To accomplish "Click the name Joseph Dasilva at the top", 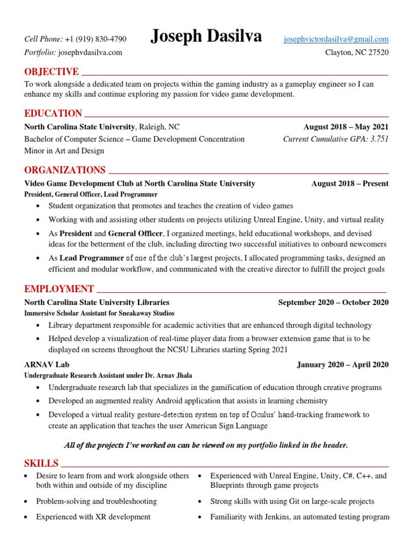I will (x=206, y=37).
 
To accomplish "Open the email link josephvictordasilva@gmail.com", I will (x=336, y=39).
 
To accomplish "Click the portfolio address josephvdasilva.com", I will (x=90, y=52).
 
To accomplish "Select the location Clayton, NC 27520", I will (x=357, y=52).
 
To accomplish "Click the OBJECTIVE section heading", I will (x=52, y=72).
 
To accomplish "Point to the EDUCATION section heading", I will (x=53, y=113).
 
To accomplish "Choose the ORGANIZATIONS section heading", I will (x=65, y=170).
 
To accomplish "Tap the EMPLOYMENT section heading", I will (x=59, y=289).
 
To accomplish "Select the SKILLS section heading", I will (x=41, y=464).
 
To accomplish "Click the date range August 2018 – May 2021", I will (x=346, y=127).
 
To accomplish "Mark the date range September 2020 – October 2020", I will (x=333, y=302).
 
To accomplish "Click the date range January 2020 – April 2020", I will (x=343, y=365).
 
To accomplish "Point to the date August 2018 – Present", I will (x=350, y=184).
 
